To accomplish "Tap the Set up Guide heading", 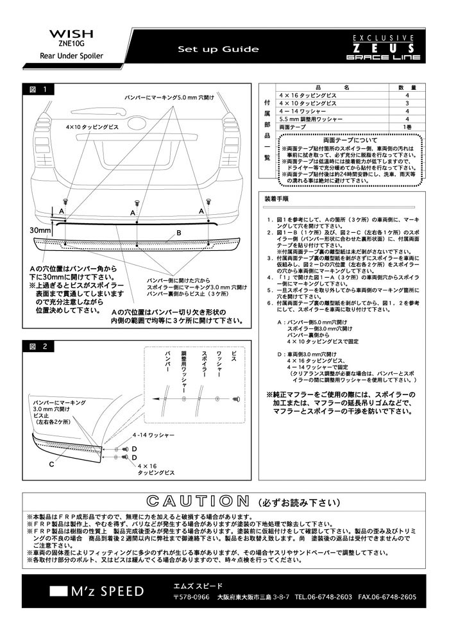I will pyautogui.click(x=218, y=49).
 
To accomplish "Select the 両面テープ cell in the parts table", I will pyautogui.click(x=292, y=127).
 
